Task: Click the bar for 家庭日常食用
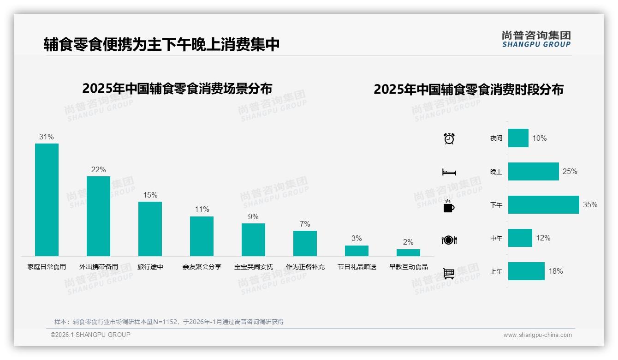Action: pos(47,199)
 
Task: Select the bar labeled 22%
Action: pos(98,216)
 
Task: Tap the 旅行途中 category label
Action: pos(150,267)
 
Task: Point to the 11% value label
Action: pos(202,209)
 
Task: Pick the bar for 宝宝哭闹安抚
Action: pos(253,240)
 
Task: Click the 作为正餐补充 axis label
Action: pos(305,267)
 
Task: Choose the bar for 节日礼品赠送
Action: pos(357,251)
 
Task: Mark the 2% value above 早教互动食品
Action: pos(408,242)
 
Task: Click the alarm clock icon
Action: pos(449,138)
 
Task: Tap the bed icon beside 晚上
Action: pos(449,172)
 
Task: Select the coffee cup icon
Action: pos(449,206)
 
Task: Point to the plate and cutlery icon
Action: pos(449,240)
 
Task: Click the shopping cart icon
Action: pos(449,273)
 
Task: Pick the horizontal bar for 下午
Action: pos(543,204)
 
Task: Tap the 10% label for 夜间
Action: pos(539,138)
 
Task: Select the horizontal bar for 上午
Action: pos(526,271)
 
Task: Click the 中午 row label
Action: pos(496,238)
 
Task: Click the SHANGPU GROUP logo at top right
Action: pos(536,39)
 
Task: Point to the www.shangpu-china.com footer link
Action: pos(537,335)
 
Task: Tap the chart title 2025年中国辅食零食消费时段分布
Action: pos(469,89)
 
